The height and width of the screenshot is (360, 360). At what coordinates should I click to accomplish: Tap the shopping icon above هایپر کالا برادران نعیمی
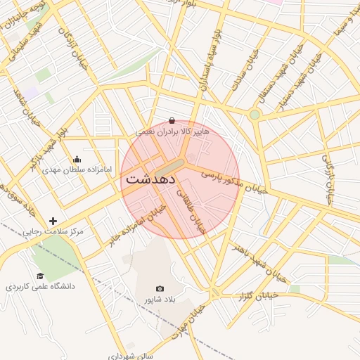pyautogui.click(x=172, y=120)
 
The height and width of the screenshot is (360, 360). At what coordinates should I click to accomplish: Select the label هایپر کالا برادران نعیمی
pyautogui.click(x=172, y=131)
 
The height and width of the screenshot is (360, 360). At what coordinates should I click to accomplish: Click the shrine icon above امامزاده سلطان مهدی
pyautogui.click(x=77, y=159)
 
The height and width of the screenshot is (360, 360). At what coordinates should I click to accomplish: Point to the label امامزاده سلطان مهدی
pyautogui.click(x=77, y=169)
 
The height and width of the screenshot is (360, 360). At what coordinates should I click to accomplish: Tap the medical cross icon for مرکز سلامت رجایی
pyautogui.click(x=53, y=221)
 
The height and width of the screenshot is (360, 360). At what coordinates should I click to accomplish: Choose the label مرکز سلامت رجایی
pyautogui.click(x=52, y=231)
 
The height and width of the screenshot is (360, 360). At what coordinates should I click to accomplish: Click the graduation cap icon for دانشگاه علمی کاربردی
pyautogui.click(x=40, y=276)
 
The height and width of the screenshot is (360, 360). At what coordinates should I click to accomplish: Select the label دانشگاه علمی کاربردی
pyautogui.click(x=40, y=287)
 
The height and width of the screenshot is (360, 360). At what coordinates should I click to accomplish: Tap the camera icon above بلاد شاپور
pyautogui.click(x=160, y=289)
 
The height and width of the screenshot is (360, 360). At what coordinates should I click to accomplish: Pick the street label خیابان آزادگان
pyautogui.click(x=73, y=47)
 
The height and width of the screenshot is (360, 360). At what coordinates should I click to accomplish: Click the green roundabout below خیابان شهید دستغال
pyautogui.click(x=255, y=115)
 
